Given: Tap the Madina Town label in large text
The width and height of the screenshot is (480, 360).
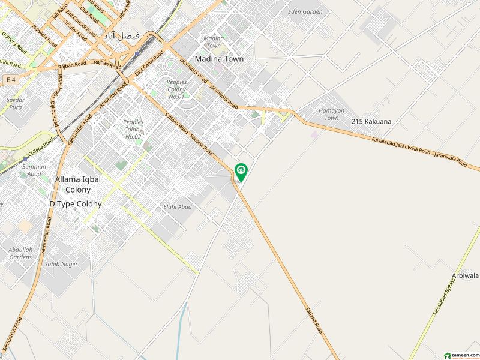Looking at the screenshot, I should [x=219, y=59].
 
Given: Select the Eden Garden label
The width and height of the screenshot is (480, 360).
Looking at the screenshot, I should [x=305, y=12].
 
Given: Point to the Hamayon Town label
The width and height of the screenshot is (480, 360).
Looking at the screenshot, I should [x=328, y=114].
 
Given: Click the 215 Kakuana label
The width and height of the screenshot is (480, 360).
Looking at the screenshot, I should [x=371, y=122].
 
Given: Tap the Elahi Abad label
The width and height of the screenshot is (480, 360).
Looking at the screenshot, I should [x=178, y=207].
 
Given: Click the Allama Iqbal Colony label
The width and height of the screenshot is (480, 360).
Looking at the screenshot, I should [x=73, y=184].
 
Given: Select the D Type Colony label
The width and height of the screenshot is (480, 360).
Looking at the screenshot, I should [x=75, y=204].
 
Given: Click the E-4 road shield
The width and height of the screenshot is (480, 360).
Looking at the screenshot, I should [x=10, y=79].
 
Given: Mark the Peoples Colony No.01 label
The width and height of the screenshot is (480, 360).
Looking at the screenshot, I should [x=176, y=88].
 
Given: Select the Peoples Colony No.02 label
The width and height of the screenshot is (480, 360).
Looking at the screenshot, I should [x=133, y=129].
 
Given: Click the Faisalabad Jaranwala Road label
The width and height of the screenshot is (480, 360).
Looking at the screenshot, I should [x=400, y=146].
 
